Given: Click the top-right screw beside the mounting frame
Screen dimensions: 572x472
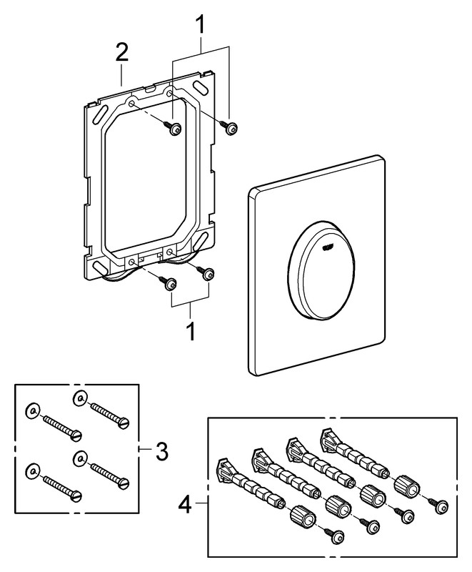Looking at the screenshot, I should [x=231, y=128].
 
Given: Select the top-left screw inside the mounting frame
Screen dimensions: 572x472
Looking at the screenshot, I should [x=172, y=128].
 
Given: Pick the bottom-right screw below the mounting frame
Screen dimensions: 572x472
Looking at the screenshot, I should [x=208, y=272].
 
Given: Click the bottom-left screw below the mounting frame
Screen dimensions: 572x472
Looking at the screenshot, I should [x=170, y=285].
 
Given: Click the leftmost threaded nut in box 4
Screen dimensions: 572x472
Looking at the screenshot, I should [x=299, y=515].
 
